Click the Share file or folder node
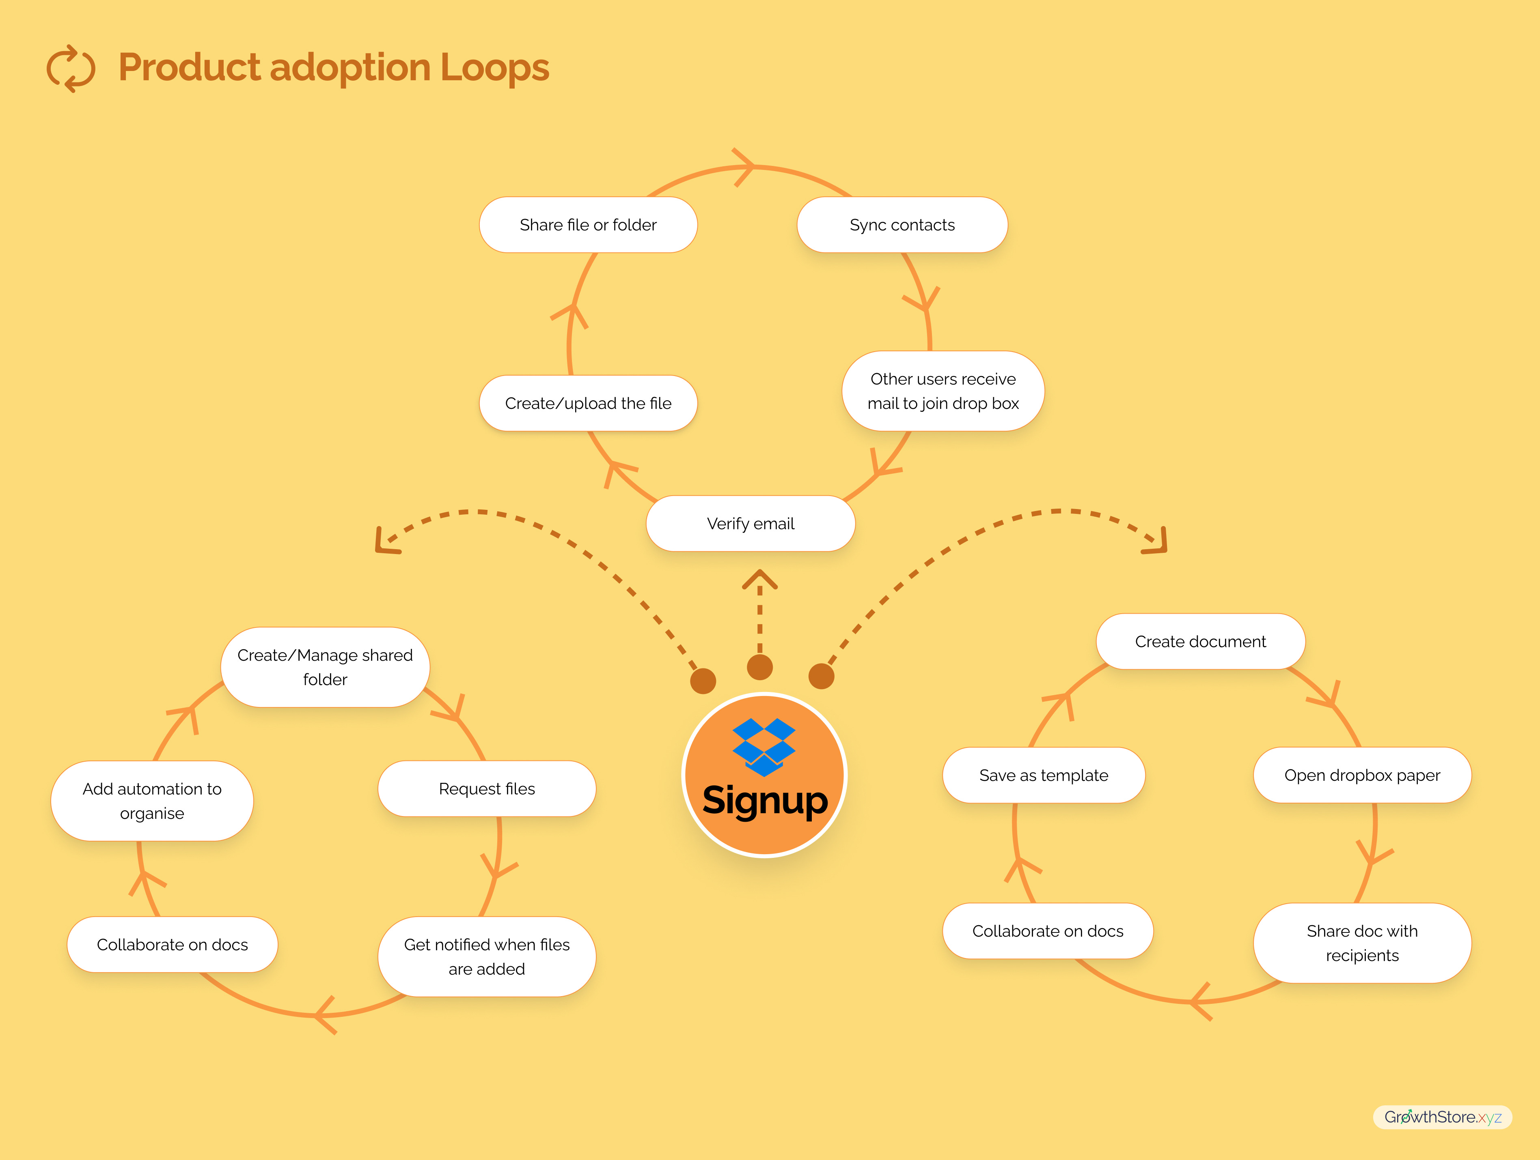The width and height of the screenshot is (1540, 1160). (x=588, y=225)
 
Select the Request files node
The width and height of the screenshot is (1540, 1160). (x=487, y=788)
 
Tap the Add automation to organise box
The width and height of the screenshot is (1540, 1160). (x=152, y=801)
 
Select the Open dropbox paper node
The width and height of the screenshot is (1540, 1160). (x=1362, y=775)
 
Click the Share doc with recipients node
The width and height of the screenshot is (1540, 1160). (x=1362, y=943)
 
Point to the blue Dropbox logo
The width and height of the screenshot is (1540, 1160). (x=764, y=747)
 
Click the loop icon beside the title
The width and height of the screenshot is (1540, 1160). (x=70, y=68)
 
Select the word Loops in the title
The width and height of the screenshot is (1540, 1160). (x=494, y=68)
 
